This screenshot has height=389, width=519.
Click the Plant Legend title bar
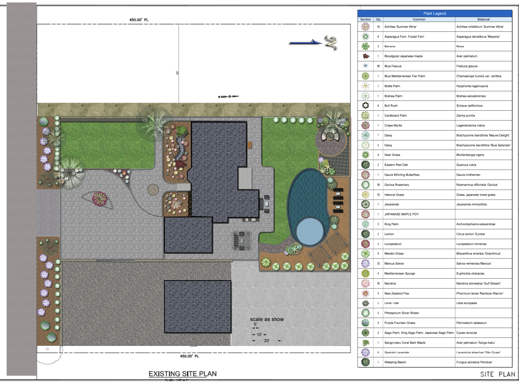434,13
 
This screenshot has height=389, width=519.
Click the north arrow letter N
331,43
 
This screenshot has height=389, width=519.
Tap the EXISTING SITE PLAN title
182,374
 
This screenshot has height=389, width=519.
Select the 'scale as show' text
267,319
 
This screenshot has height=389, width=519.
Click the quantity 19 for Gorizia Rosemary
378,185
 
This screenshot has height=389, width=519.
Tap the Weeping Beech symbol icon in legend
365,362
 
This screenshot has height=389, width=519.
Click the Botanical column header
483,19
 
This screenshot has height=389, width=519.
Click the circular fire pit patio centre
331,137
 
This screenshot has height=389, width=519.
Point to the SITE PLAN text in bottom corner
497,374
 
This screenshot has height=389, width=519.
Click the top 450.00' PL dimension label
139,20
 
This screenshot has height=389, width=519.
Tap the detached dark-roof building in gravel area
197,307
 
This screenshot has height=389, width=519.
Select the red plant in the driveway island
99,198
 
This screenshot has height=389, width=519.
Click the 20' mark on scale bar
267,340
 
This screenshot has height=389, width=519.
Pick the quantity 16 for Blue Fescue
378,66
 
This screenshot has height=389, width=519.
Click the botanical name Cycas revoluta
466,333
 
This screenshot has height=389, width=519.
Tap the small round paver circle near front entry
153,190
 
